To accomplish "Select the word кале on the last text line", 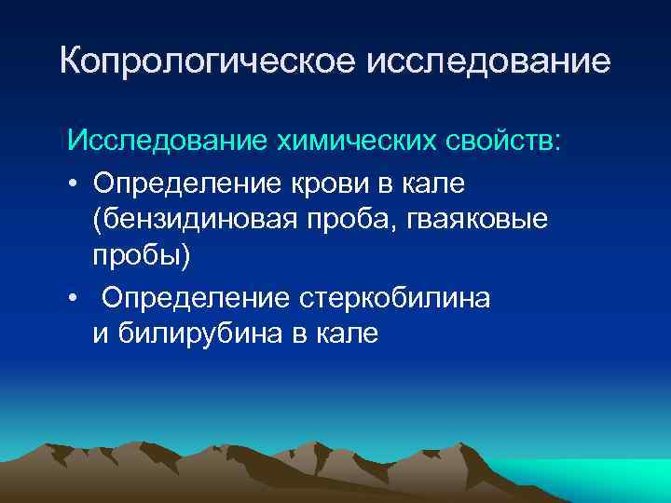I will [347, 334].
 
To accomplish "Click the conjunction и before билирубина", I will [99, 334].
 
